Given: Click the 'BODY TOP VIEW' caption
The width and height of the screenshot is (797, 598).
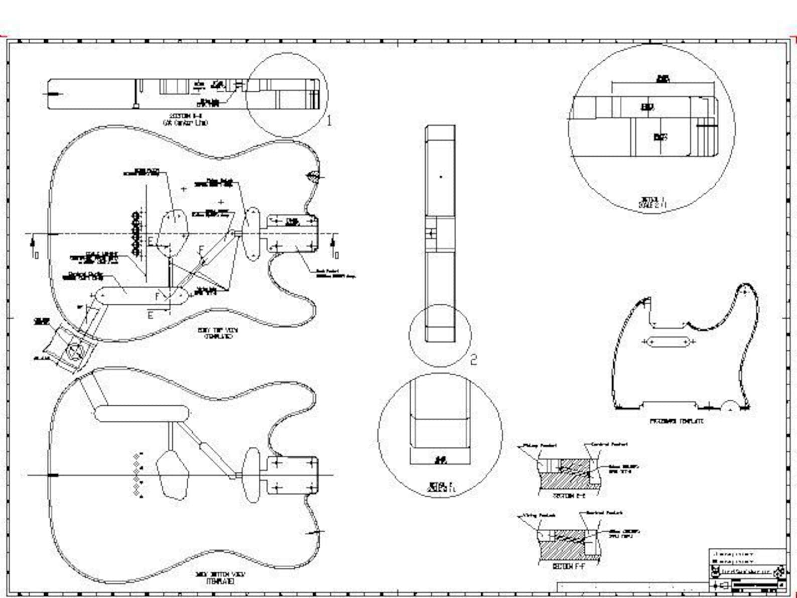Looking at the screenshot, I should point(217,333).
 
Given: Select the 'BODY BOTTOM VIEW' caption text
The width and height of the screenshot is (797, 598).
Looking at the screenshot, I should point(220,577).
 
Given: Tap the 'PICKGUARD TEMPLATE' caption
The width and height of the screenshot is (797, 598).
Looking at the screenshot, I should point(677,421).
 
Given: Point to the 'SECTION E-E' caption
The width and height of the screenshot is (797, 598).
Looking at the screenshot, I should point(569,496).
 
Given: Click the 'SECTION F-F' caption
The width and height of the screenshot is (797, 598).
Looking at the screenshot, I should point(569,566).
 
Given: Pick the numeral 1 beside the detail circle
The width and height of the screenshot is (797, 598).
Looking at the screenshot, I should point(329,121).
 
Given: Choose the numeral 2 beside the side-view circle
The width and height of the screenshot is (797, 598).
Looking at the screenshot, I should point(473,360).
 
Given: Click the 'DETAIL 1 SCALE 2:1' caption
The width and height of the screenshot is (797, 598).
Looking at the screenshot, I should point(652,202).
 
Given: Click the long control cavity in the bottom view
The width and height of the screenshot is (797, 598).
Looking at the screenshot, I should point(142,413).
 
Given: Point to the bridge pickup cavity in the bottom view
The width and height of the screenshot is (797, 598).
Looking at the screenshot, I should point(172,474).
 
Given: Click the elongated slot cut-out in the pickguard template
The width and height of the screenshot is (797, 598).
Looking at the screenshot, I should point(668,342).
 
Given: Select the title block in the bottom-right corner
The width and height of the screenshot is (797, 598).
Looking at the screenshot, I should point(747,570).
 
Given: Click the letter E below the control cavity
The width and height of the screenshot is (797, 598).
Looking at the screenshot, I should point(151,315).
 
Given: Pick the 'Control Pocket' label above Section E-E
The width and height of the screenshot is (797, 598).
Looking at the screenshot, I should point(609,444).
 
